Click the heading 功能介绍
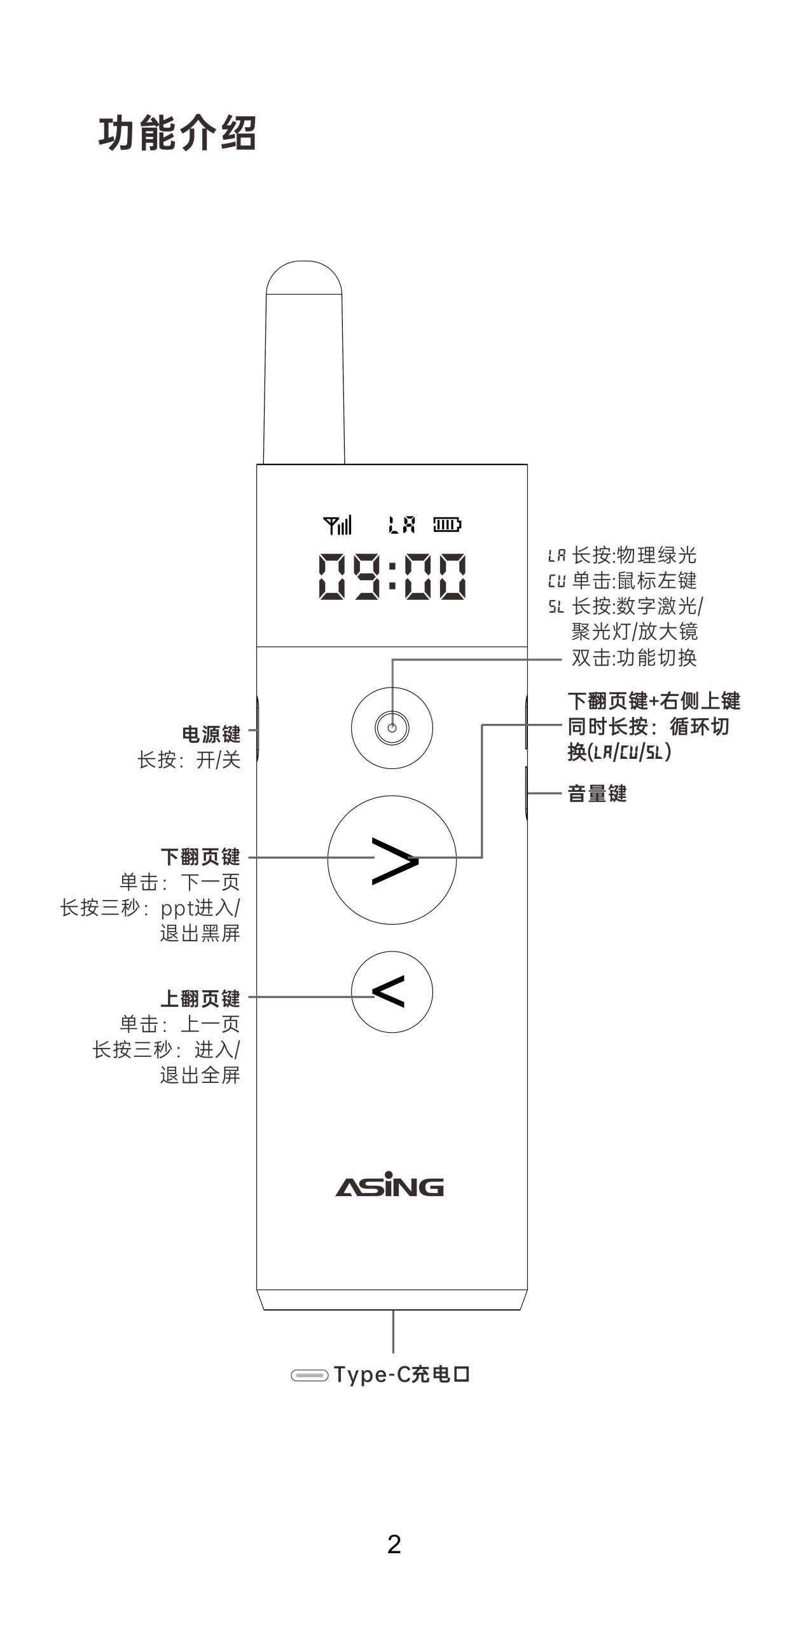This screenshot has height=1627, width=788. (x=177, y=133)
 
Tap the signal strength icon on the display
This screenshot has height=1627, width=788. (x=337, y=525)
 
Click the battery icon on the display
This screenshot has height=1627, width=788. (x=447, y=525)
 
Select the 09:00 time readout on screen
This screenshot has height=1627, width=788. (x=392, y=576)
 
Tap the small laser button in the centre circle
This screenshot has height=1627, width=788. (x=392, y=728)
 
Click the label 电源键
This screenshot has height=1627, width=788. (x=211, y=734)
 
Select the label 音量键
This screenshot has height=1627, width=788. (x=597, y=793)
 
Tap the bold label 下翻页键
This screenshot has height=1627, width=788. (x=200, y=857)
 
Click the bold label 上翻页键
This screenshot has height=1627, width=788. (x=200, y=998)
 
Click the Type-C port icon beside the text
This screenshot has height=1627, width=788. (x=309, y=1375)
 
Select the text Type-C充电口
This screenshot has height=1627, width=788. (x=402, y=1375)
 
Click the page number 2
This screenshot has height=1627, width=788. (x=394, y=1544)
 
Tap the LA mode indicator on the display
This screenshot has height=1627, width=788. (x=402, y=525)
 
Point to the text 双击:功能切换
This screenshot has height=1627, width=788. (x=634, y=657)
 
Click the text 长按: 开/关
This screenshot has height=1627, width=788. (x=189, y=759)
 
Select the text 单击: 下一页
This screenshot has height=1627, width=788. (x=180, y=882)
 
